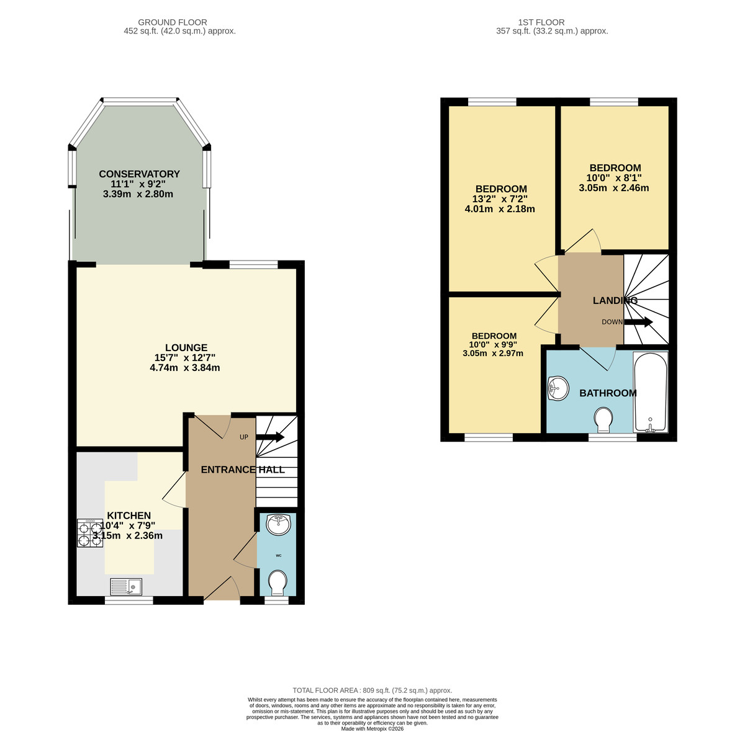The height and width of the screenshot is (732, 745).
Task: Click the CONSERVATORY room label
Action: pyautogui.click(x=139, y=174)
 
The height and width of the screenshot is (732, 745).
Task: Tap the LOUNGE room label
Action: pyautogui.click(x=186, y=348)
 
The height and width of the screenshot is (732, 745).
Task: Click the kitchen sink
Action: pyautogui.click(x=126, y=585)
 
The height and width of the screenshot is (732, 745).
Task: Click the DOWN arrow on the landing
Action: pyautogui.click(x=638, y=322)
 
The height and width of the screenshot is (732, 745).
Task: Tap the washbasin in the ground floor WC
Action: pyautogui.click(x=278, y=525)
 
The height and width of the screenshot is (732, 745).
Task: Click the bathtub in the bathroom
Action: pyautogui.click(x=650, y=392)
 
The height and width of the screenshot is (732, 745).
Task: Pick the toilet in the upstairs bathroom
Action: pyautogui.click(x=603, y=419)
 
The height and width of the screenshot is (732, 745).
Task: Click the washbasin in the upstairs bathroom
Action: pyautogui.click(x=558, y=390)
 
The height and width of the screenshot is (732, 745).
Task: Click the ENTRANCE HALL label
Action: pyautogui.click(x=243, y=470)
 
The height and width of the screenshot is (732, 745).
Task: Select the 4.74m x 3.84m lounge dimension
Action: pyautogui.click(x=185, y=368)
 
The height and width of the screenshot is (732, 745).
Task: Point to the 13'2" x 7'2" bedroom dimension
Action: pyautogui.click(x=500, y=199)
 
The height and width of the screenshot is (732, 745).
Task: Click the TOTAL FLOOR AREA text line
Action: pyautogui.click(x=372, y=690)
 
